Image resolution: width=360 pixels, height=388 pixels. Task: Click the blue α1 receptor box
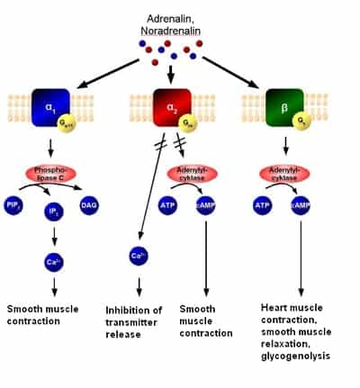tap(51, 106)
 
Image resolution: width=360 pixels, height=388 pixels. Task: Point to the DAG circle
tap(89, 206)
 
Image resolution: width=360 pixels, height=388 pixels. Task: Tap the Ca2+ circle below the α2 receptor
tap(138, 257)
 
